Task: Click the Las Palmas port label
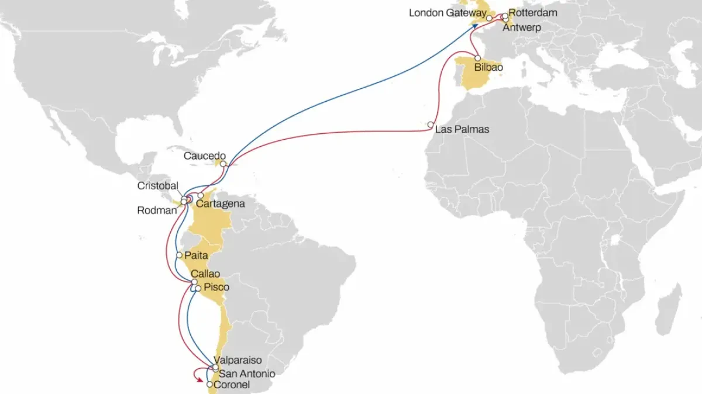pos(462,129)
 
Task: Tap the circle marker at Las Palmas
pos(431,125)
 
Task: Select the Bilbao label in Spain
pos(488,68)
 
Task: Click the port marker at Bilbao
pos(477,58)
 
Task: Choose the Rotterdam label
pos(533,12)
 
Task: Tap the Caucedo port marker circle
pos(223,164)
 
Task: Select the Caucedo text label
pos(204,156)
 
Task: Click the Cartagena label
pos(220,204)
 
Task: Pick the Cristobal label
pos(157,185)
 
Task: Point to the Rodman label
pos(156,210)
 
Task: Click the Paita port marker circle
pos(179,255)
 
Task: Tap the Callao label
pos(205,274)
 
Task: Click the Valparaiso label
pos(238,361)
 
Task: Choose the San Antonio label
pos(246,373)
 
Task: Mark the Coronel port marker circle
pos(209,385)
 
